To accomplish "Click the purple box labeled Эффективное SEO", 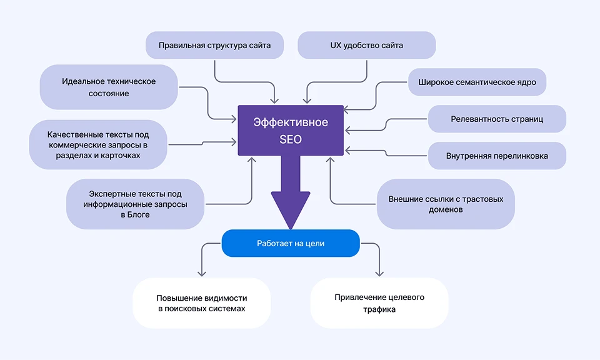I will coord(291,130).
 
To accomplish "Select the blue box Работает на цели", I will coord(291,243).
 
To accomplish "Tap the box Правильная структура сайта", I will coord(214,46).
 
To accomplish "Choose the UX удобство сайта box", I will coord(367,46).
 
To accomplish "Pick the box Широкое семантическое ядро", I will coord(477,82).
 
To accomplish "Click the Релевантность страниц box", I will coord(497,119).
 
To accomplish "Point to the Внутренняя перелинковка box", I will coord(497,156).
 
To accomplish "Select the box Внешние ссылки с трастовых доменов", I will coord(446,204).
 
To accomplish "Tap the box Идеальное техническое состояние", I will coord(109,87).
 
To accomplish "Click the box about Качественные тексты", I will coord(98,144).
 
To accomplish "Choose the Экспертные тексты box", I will coord(136,204).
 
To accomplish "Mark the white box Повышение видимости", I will coord(202,303).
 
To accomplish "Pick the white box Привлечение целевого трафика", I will coord(379,303).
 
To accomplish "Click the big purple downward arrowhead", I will coord(291,209).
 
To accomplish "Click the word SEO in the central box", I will coord(291,139).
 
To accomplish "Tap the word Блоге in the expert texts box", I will coord(136,215).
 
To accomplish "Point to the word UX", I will coord(336,46).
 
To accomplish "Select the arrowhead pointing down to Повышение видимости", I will coord(202,272).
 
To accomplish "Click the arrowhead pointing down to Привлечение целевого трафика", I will coord(379,272).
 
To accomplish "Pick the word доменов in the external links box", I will coord(446,210).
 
